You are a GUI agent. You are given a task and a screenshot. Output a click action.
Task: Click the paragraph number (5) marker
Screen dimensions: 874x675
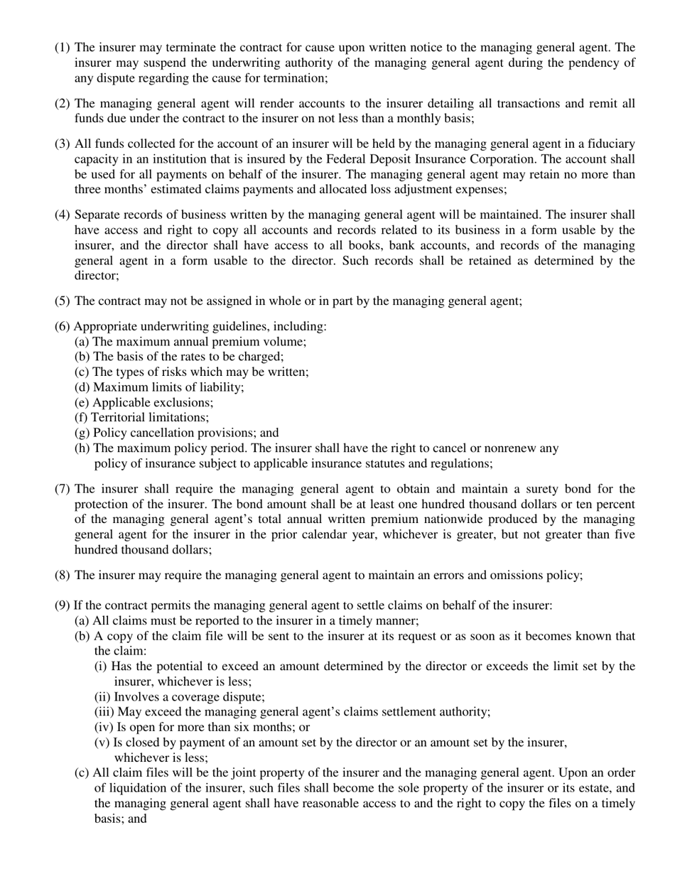pos(63,301)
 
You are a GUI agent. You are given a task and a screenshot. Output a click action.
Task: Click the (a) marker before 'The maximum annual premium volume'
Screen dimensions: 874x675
pos(82,341)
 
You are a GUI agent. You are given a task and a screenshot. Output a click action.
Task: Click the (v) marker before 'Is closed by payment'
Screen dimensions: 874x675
pos(102,743)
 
